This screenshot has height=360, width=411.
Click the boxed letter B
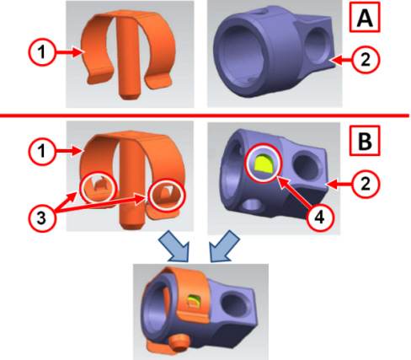(365, 141)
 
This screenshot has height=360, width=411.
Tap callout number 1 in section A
(42, 52)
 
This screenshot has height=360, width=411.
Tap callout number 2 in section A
(366, 60)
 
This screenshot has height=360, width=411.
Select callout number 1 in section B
(42, 152)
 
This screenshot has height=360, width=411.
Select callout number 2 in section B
(366, 185)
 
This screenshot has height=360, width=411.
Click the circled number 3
(42, 218)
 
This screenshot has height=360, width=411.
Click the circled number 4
(320, 218)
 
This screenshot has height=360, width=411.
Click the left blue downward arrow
(174, 246)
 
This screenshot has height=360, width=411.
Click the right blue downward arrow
(225, 246)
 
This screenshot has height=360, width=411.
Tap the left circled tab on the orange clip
(98, 186)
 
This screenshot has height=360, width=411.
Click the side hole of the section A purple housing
(316, 45)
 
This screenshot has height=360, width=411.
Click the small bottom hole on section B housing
(253, 206)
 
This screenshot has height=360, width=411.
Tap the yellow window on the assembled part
(193, 301)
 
